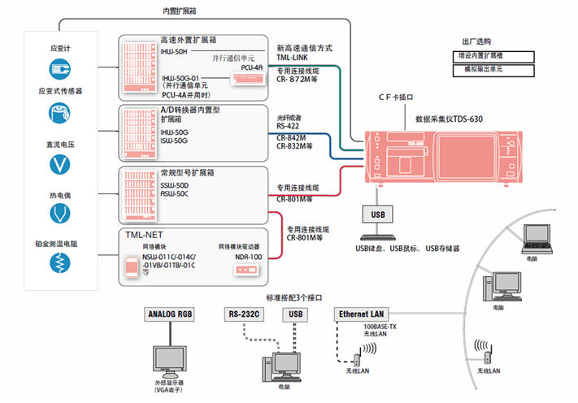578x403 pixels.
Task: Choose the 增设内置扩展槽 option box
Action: [493, 57]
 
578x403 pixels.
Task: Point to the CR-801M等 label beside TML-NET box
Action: [305, 239]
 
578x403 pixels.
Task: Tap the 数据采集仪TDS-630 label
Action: [448, 119]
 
